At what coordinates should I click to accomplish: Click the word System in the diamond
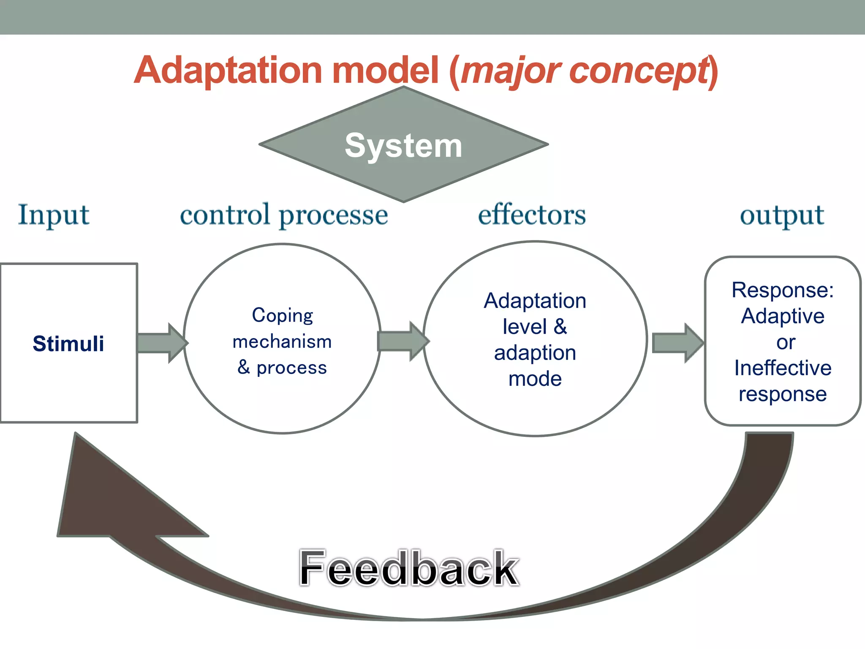[403, 146]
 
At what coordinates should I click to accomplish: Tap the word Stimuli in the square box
[68, 344]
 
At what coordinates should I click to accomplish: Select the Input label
[54, 215]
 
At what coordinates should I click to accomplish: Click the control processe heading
[284, 215]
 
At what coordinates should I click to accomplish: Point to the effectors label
[532, 215]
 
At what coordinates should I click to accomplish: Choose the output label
[782, 215]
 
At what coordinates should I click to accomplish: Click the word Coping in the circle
[282, 315]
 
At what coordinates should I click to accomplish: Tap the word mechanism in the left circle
[282, 341]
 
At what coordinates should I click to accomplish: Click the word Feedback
[408, 569]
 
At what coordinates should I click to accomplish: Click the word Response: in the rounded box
[783, 290]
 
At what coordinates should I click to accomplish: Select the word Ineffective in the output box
[783, 368]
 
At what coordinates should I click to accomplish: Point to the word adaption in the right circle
[535, 353]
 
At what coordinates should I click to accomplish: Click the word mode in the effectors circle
[535, 379]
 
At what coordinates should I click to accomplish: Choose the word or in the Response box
[786, 342]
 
